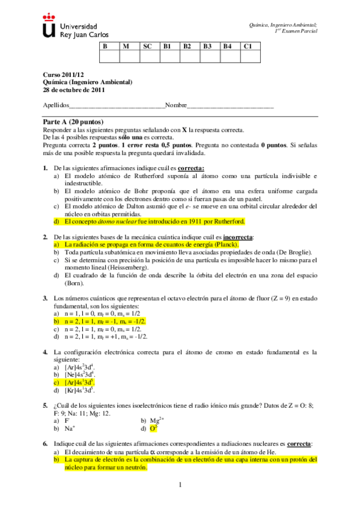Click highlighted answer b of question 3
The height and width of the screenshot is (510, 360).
tap(105, 322)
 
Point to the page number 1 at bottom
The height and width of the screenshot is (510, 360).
tap(180, 485)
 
